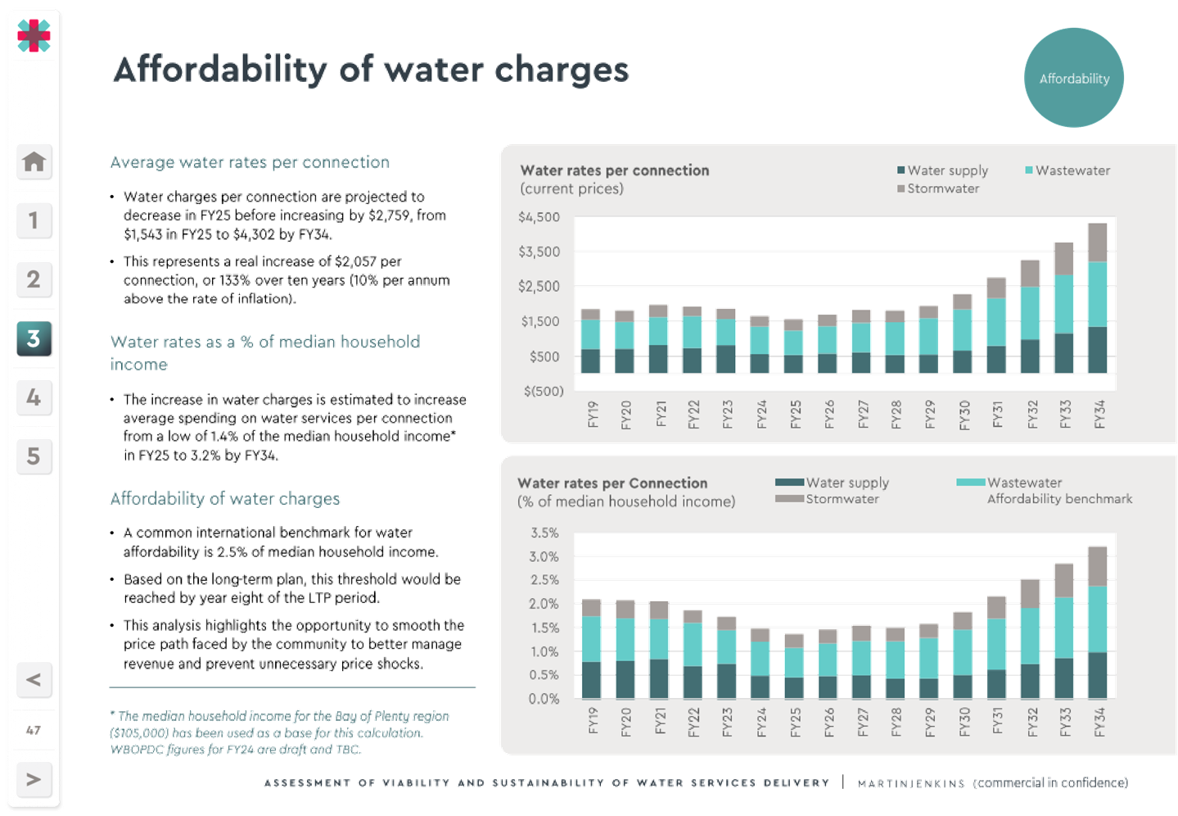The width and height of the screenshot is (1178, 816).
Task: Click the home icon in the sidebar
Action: tap(34, 161)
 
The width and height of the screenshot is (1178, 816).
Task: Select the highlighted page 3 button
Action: tap(34, 338)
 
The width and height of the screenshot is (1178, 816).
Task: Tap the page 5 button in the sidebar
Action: tap(34, 456)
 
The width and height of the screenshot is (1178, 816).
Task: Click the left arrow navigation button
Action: tap(34, 679)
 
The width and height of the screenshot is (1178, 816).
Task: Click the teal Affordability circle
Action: tap(1073, 79)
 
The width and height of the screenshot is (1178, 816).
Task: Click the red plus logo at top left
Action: tap(34, 34)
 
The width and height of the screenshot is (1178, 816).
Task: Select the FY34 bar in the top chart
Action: tap(1097, 297)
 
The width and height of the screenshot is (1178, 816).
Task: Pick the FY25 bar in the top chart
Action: tap(793, 347)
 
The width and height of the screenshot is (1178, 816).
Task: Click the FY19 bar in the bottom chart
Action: tap(591, 648)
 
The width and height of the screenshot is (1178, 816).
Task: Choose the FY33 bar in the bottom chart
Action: tap(1063, 631)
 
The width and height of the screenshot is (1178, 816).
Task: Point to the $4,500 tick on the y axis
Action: tap(539, 217)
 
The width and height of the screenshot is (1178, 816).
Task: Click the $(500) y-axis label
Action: tap(543, 391)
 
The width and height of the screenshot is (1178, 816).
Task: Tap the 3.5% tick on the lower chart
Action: tap(544, 533)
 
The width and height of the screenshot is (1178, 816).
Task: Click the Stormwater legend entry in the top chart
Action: tap(942, 188)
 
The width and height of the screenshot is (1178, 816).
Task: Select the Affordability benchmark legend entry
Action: tap(1059, 499)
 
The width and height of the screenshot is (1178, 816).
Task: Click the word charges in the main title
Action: tap(562, 70)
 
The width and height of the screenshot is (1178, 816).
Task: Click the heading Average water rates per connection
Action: tap(250, 162)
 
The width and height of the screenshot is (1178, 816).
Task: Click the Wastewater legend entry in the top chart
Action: tap(1072, 170)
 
